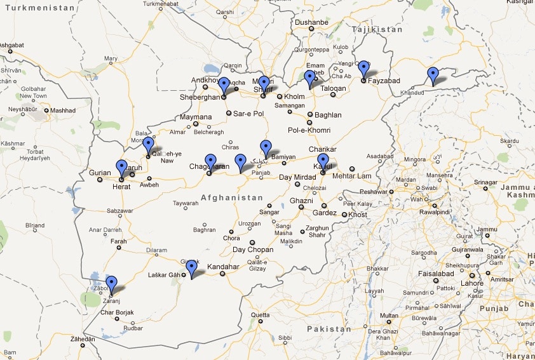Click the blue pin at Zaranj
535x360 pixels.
[x=111, y=284]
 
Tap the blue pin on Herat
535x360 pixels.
[x=121, y=168]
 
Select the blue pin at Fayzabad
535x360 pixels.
[x=363, y=68]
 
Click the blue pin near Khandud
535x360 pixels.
[x=433, y=75]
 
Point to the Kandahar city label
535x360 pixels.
[x=222, y=267]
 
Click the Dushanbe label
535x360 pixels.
[x=311, y=22]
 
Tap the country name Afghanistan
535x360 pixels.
[x=231, y=197]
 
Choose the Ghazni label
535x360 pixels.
[x=301, y=201]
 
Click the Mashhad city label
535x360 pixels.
[x=64, y=110]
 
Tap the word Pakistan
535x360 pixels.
[x=328, y=330]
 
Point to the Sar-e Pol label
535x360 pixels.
[x=248, y=114]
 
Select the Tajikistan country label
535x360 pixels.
[x=378, y=29]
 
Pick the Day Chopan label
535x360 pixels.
[x=253, y=250]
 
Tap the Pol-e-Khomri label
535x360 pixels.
[x=309, y=130]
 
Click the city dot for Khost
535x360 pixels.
[x=344, y=215]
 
